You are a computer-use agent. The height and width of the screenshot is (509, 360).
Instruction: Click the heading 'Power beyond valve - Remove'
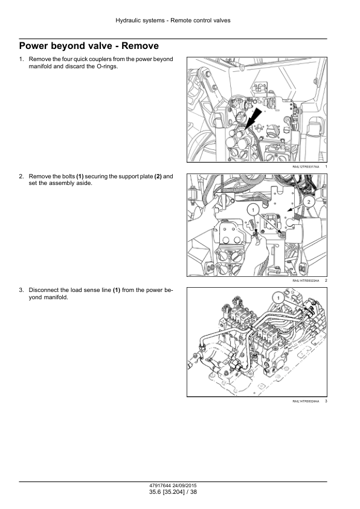[x=89, y=46]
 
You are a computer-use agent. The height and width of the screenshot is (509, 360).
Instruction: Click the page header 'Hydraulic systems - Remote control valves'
[x=173, y=21]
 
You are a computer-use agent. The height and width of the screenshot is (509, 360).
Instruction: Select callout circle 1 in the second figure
[x=253, y=210]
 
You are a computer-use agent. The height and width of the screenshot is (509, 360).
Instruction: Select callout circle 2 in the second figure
[x=309, y=202]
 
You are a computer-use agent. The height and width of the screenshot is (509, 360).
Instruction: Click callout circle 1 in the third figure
[x=278, y=298]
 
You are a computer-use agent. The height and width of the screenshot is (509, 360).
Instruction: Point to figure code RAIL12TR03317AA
[x=306, y=166]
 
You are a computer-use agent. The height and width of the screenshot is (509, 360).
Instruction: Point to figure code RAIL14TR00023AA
[x=306, y=280]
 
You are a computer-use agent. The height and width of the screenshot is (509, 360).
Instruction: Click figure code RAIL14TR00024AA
[x=306, y=401]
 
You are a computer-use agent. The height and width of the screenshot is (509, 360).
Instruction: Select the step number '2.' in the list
[x=21, y=177]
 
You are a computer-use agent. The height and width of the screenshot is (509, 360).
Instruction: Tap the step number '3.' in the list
[x=21, y=290]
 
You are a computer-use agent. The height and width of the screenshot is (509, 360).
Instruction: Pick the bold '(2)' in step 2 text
[x=158, y=177]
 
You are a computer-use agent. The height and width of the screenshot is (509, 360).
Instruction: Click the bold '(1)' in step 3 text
[x=117, y=290]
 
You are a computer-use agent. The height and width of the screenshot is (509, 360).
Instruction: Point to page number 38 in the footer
[x=193, y=492]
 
